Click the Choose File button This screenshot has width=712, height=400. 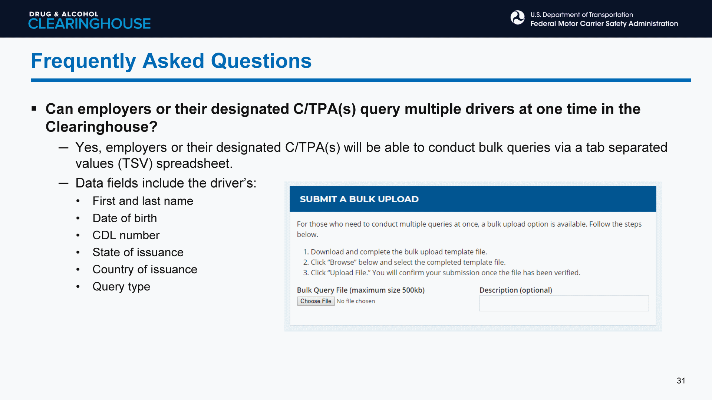click(x=316, y=301)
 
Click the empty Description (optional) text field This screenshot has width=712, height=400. click(x=564, y=303)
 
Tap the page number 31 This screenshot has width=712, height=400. click(x=681, y=381)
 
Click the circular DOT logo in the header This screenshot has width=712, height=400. click(x=517, y=17)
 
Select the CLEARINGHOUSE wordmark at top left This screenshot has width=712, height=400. click(x=89, y=24)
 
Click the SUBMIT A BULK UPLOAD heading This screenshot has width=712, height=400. click(x=359, y=199)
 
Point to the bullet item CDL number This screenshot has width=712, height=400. click(x=126, y=235)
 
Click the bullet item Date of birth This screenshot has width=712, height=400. click(x=125, y=218)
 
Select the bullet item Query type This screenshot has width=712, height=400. click(x=121, y=287)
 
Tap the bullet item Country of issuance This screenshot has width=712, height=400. click(x=145, y=269)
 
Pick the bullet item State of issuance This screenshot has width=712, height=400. click(x=138, y=252)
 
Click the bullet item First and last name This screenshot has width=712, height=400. click(x=143, y=201)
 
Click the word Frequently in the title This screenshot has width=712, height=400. click(x=83, y=61)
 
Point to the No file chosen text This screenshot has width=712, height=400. click(x=356, y=301)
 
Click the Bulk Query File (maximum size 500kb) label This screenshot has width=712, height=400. click(x=360, y=290)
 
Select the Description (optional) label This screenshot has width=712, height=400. click(x=515, y=290)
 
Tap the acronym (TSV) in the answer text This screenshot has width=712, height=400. click(x=135, y=164)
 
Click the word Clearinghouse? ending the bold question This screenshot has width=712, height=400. click(x=101, y=127)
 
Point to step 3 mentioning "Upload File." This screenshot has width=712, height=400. click(x=442, y=273)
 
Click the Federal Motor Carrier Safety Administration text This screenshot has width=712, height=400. click(x=604, y=24)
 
